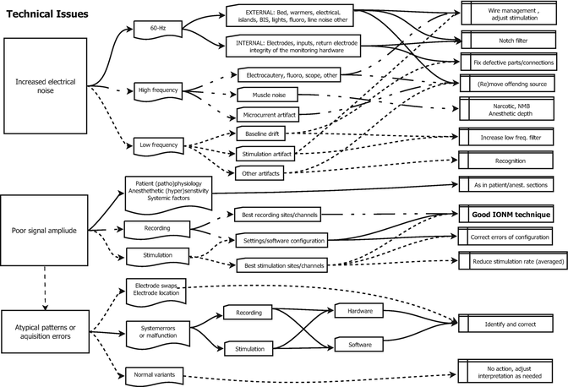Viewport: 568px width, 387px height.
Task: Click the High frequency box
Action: (x=158, y=89)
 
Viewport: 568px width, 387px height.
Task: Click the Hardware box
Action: (x=360, y=311)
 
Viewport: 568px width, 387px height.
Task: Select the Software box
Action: (x=360, y=344)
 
